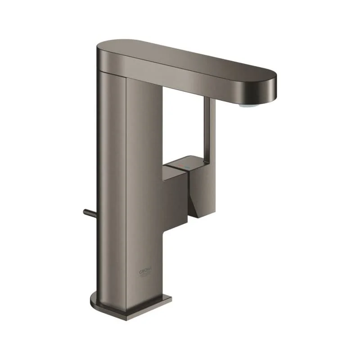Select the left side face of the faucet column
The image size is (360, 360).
point(110,180)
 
